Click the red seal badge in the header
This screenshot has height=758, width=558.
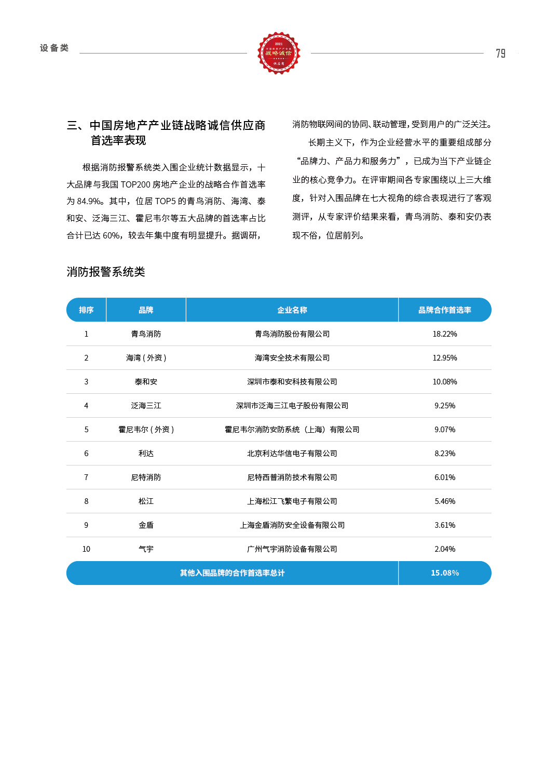279,53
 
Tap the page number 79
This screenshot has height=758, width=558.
500,54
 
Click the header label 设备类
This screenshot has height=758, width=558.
55,48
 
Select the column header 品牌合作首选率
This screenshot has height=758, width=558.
445,310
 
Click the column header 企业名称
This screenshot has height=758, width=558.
292,310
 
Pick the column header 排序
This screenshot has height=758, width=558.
86,310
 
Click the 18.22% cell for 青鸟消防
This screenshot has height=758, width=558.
445,334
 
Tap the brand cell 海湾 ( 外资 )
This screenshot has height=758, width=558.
146,358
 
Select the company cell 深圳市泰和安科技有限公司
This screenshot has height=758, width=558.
292,382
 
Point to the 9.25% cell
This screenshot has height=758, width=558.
445,406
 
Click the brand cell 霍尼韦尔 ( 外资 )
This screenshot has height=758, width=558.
146,430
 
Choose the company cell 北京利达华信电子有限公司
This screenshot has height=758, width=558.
292,454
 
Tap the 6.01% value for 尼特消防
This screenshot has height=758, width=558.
445,477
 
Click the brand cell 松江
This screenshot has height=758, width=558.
146,501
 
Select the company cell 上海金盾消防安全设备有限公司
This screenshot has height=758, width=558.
292,525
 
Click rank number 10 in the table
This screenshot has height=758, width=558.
86,549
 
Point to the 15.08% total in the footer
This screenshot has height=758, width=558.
445,573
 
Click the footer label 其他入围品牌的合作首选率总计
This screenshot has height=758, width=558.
232,573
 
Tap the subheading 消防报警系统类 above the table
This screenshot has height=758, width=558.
106,272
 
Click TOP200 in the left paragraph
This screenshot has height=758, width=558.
135,184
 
